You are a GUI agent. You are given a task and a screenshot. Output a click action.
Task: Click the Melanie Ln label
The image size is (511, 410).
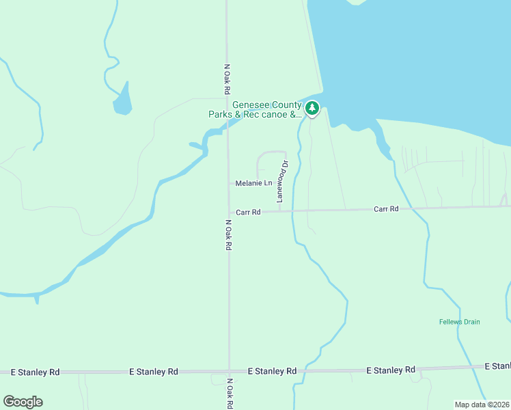tap(253, 183)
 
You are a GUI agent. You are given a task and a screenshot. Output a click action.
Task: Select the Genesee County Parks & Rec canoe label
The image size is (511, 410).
tap(255, 109)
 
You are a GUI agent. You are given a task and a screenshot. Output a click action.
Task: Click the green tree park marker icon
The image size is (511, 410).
tap(312, 108)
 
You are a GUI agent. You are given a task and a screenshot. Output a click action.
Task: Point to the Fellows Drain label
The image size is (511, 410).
tap(460, 321)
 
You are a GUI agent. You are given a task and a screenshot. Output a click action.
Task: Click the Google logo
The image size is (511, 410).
tap(23, 402)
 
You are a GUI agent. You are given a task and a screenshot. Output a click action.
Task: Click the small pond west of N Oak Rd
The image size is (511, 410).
tap(122, 101)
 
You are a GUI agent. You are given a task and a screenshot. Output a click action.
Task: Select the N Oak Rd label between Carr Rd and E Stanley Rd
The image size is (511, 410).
tap(228, 234)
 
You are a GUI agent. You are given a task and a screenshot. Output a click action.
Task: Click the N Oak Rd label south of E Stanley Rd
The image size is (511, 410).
tap(230, 393)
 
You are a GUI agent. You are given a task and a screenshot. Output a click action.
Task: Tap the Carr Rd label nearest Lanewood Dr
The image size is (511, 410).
tap(249, 213)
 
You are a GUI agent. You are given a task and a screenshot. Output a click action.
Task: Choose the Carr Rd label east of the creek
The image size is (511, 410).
tap(386, 208)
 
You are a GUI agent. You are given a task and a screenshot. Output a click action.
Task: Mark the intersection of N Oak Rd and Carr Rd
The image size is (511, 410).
tap(228, 212)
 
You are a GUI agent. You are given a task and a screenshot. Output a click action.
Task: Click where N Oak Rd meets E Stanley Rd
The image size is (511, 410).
tap(229, 371)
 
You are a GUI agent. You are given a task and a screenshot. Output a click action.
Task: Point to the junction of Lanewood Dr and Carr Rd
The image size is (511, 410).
tap(279, 211)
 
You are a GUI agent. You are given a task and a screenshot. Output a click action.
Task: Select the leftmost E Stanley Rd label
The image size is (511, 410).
tap(36, 372)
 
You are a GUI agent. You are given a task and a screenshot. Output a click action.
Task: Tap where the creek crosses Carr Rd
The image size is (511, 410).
tap(292, 211)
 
